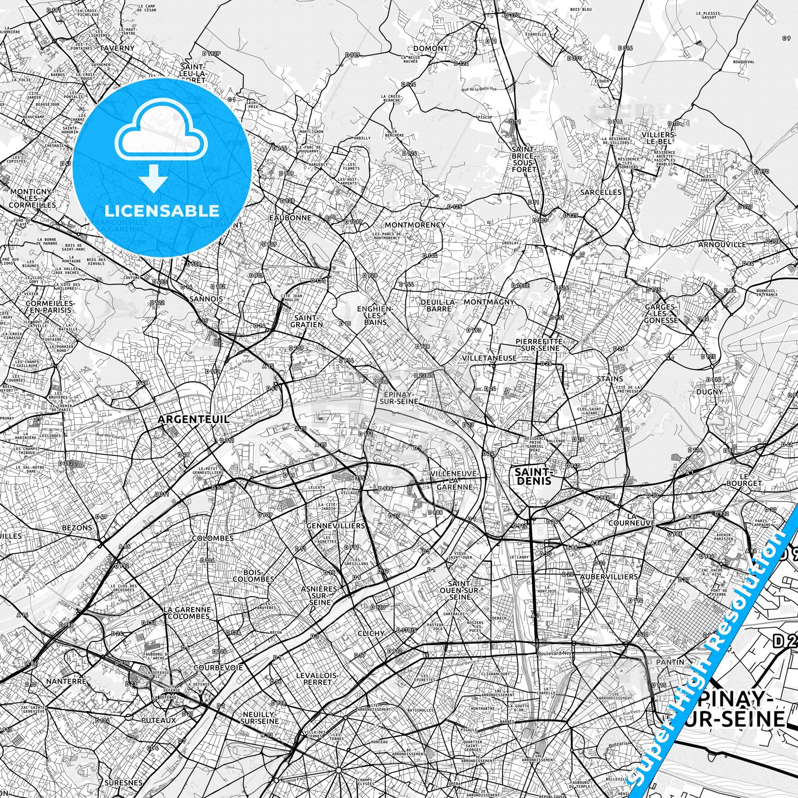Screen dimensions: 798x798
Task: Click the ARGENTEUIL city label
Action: coord(193,419)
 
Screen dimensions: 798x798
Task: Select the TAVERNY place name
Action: coord(117,48)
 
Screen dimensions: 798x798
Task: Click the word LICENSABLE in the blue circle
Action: coord(162,211)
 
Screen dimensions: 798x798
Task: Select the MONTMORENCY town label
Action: coord(415,225)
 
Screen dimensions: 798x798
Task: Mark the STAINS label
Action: coord(610,379)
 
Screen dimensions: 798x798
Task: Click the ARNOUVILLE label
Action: coord(722,244)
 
